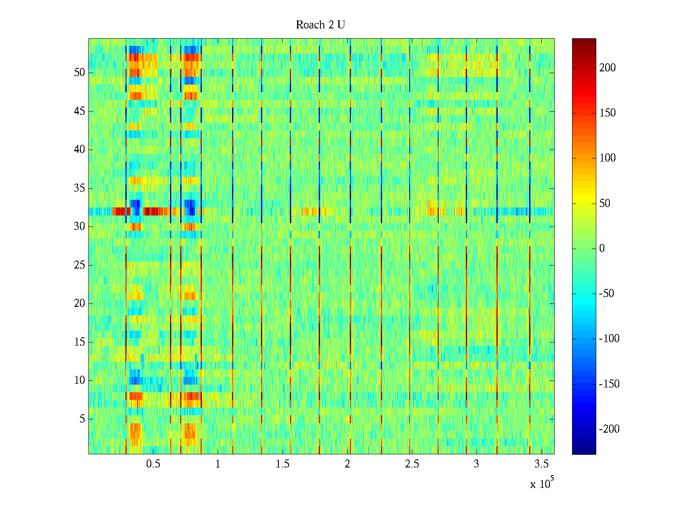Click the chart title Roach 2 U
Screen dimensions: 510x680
tap(320, 25)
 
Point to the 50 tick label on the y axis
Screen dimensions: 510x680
tap(79, 73)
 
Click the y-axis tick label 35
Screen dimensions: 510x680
tap(79, 188)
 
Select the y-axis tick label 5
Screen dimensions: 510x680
tap(82, 419)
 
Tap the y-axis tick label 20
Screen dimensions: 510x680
tap(79, 303)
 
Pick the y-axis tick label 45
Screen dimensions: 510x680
tap(79, 111)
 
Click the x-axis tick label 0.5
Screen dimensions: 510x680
tap(153, 464)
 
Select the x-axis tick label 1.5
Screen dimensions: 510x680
tap(283, 464)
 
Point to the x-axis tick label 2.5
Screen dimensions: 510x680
tap(412, 464)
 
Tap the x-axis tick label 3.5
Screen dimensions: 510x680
tap(541, 464)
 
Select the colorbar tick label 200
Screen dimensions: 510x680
tap(607, 68)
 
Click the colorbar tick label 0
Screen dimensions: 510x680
tap(602, 249)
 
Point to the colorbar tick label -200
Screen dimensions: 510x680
tap(609, 429)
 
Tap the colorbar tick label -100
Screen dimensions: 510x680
tap(609, 339)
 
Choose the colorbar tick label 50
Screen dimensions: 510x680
tap(605, 204)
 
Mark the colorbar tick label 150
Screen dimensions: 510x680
tap(607, 113)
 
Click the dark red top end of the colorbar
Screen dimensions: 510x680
tap(584, 41)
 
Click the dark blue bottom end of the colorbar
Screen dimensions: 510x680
tap(584, 451)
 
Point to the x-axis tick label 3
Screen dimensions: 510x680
tap(476, 464)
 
